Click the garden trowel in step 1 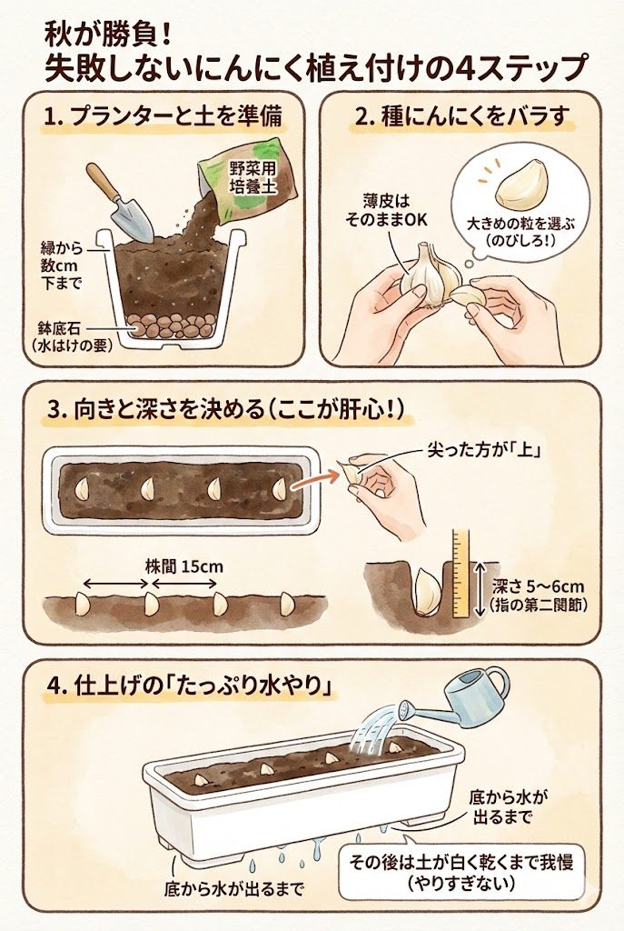coord(119,202)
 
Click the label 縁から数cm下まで coord(62,265)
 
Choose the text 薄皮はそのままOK coord(386,210)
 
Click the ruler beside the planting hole coord(461,574)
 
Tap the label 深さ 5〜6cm coord(538,587)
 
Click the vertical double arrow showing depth coord(480,588)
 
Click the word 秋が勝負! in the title coord(109,37)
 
